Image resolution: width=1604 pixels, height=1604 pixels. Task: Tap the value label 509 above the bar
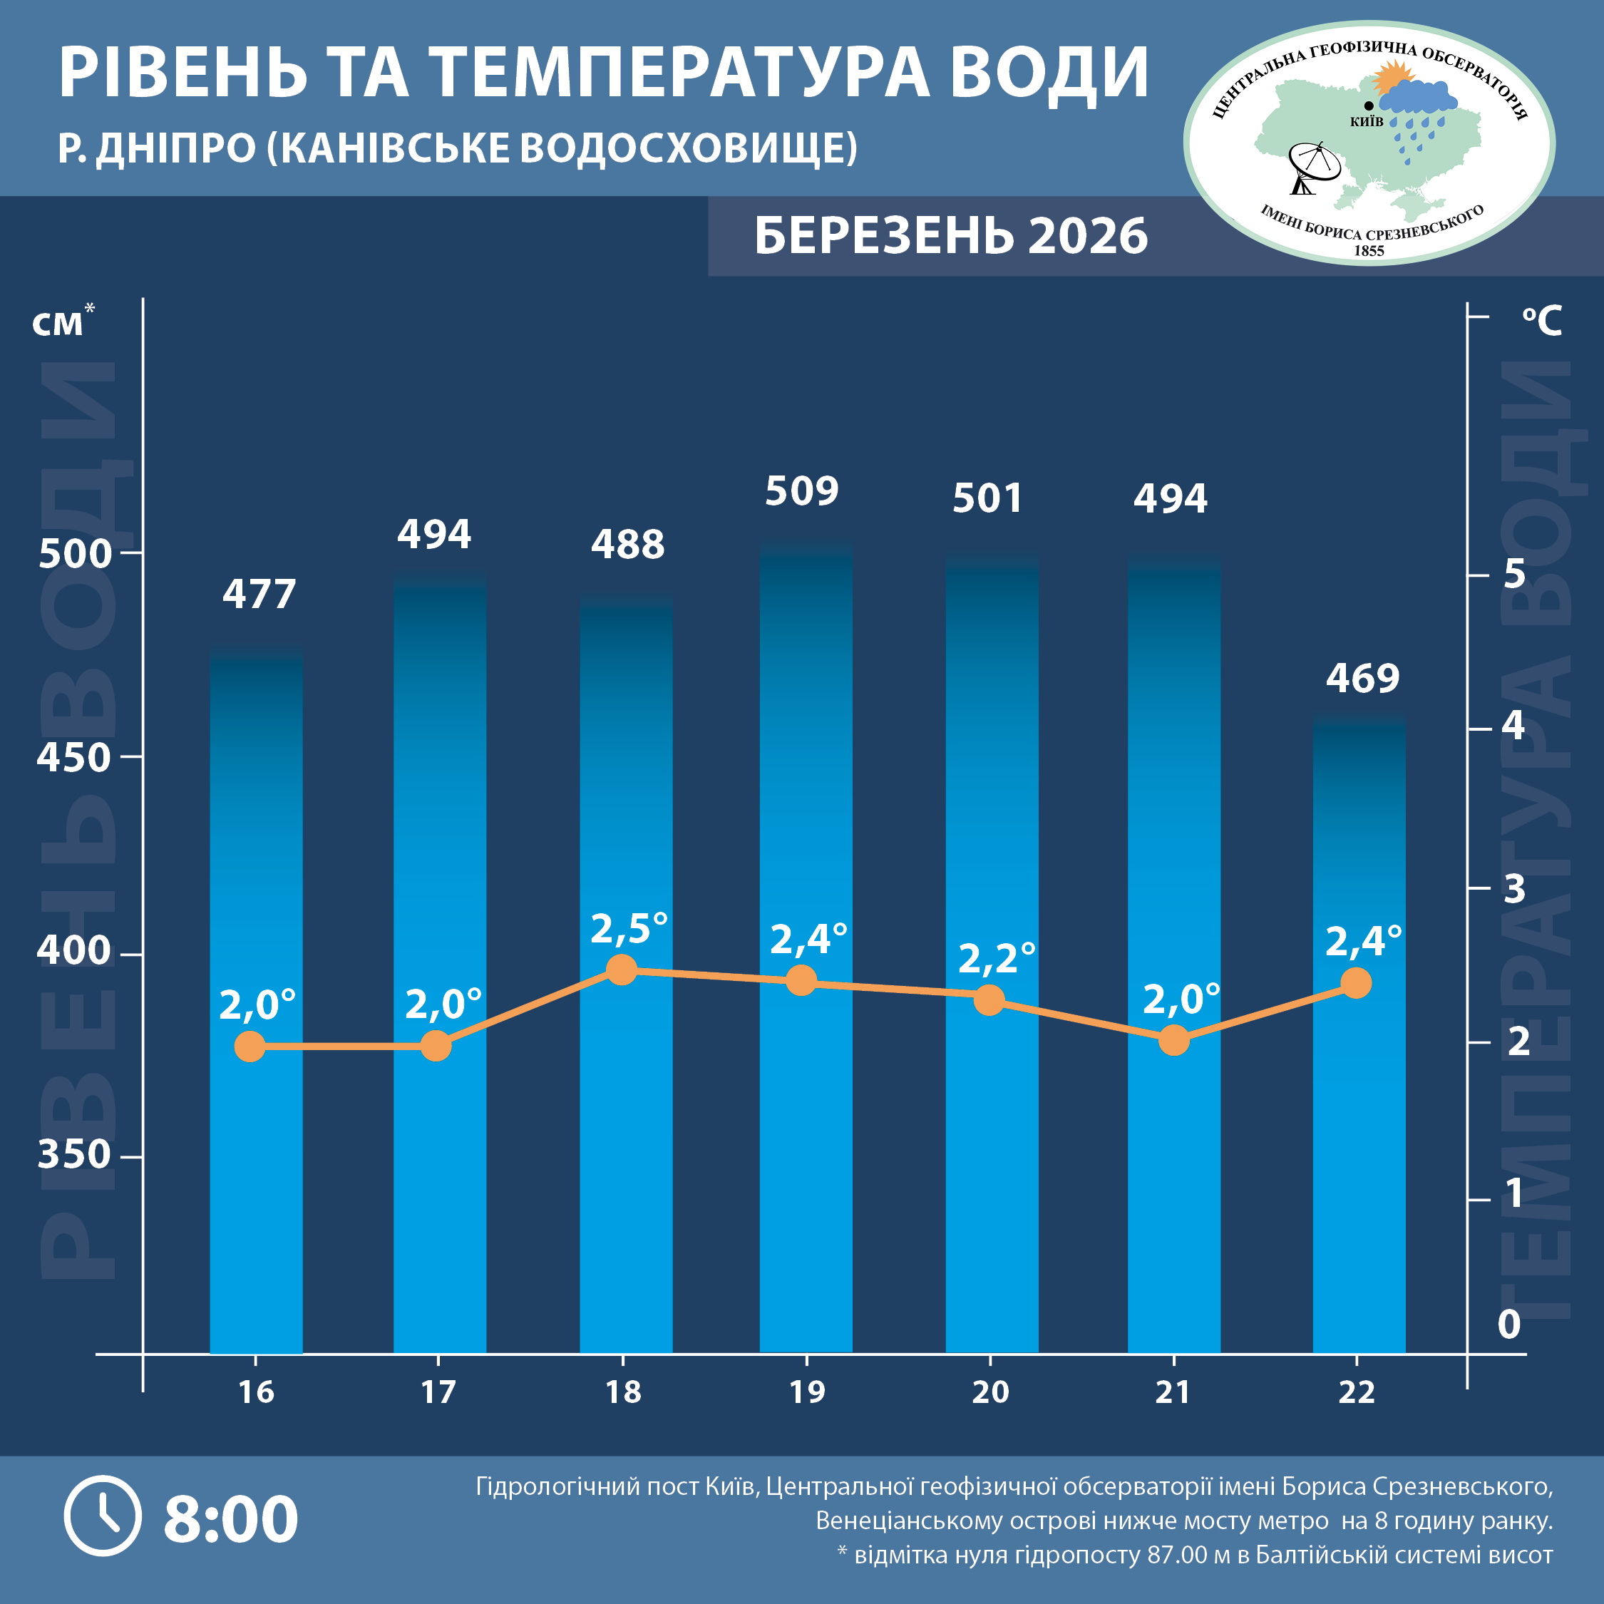[x=801, y=491]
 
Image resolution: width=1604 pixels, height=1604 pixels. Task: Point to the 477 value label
[x=259, y=595]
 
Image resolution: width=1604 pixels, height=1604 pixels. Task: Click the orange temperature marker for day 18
[x=622, y=969]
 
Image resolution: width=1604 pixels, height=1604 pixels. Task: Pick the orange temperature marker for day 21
[x=1173, y=1039]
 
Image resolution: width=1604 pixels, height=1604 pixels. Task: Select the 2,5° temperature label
[x=629, y=928]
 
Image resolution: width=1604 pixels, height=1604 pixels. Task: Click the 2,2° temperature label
[x=997, y=958]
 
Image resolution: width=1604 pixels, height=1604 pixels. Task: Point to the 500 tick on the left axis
[x=75, y=554]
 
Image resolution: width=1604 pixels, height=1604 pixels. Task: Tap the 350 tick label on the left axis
[x=74, y=1155]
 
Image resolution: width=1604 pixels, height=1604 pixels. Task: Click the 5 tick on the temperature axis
[x=1514, y=574]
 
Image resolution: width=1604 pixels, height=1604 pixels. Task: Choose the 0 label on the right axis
[x=1508, y=1325]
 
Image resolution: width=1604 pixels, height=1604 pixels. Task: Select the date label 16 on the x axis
[x=256, y=1392]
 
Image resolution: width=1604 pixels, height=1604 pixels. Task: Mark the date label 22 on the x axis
[x=1357, y=1392]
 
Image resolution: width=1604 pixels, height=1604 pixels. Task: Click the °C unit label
[x=1542, y=321]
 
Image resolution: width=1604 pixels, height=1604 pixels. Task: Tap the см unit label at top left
[x=58, y=324]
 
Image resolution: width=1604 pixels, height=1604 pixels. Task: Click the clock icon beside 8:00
[x=103, y=1516]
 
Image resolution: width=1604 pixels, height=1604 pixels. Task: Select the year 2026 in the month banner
[x=1088, y=236]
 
